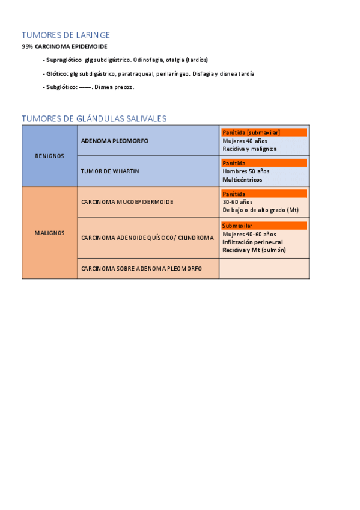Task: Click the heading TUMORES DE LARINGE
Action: [x=66, y=35]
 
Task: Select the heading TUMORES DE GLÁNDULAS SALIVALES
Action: [x=94, y=118]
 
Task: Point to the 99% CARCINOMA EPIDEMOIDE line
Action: [x=64, y=46]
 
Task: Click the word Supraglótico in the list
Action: [x=64, y=60]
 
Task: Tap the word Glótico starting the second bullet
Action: [x=58, y=74]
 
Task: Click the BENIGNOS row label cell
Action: [x=49, y=156]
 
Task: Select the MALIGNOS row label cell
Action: [x=49, y=233]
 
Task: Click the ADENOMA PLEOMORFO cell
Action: [x=114, y=141]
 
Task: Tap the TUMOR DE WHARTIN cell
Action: [x=110, y=171]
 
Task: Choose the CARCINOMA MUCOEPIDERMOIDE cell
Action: [x=127, y=202]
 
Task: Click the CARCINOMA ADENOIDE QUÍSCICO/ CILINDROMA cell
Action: [x=147, y=238]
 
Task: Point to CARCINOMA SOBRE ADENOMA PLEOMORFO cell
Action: [x=141, y=268]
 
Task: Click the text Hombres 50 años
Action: [x=246, y=171]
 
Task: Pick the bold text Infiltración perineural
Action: [x=252, y=242]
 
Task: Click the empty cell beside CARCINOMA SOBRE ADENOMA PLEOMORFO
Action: [x=264, y=268]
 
